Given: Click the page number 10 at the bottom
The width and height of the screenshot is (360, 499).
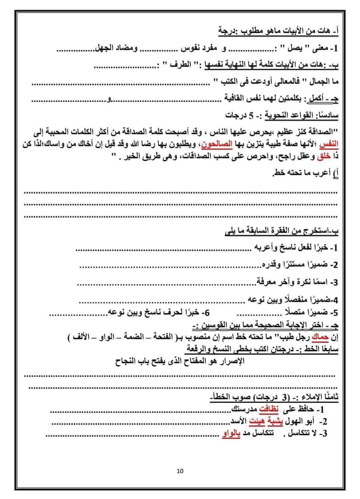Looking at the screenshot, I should [x=180, y=471].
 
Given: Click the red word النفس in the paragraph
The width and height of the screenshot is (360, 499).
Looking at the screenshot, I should [x=329, y=145].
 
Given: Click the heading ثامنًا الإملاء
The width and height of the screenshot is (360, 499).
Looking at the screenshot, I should [x=313, y=397].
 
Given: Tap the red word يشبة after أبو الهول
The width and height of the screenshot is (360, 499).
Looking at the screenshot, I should [x=275, y=421].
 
